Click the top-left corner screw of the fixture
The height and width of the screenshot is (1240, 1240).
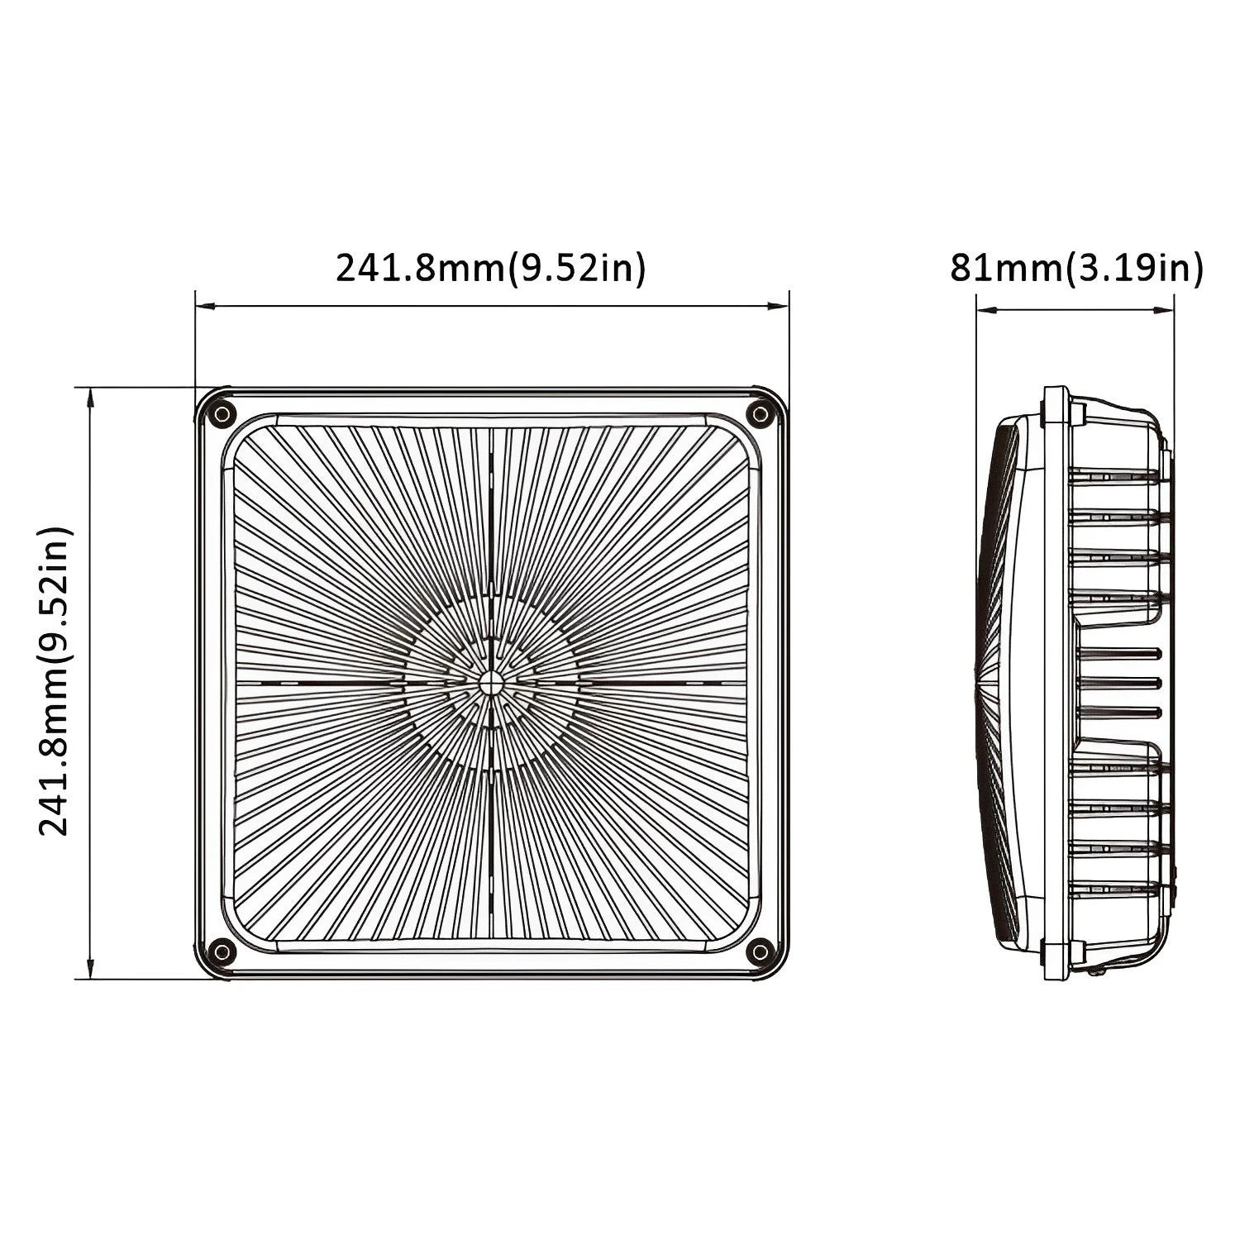pos(222,415)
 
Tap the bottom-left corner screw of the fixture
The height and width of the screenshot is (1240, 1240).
pos(222,951)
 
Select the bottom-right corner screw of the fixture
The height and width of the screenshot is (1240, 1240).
pos(759,951)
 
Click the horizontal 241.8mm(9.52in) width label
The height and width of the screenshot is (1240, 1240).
pos(490,268)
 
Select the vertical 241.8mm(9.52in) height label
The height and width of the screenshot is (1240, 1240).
pos(55,681)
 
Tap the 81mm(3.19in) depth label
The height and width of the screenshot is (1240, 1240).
pos(1076,268)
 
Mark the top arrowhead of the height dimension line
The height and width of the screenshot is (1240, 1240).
pos(89,397)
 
